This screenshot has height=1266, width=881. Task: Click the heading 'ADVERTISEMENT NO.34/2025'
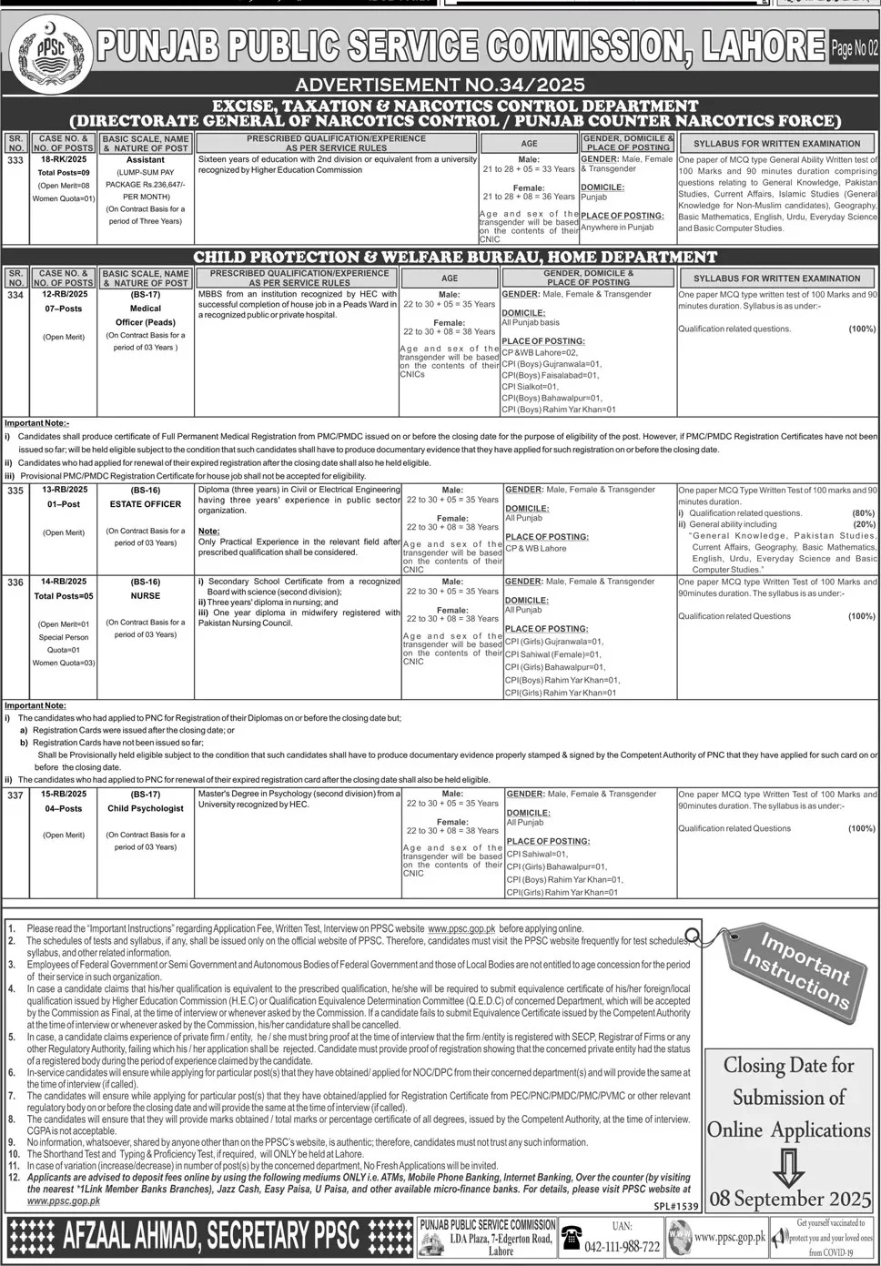click(x=440, y=85)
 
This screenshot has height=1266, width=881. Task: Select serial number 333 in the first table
click(x=15, y=160)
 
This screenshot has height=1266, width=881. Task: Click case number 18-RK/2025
click(x=64, y=159)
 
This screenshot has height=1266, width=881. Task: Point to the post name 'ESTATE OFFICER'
click(x=146, y=503)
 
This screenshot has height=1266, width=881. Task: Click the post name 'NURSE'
click(x=146, y=596)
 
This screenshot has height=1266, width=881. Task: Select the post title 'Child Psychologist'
click(x=146, y=808)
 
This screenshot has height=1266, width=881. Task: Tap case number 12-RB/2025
click(x=64, y=295)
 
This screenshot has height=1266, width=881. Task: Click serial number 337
click(x=15, y=795)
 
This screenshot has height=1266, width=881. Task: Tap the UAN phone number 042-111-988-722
click(x=623, y=1246)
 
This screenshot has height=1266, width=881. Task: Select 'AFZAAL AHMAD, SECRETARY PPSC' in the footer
click(x=211, y=1236)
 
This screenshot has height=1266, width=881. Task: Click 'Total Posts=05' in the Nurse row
click(x=64, y=596)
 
